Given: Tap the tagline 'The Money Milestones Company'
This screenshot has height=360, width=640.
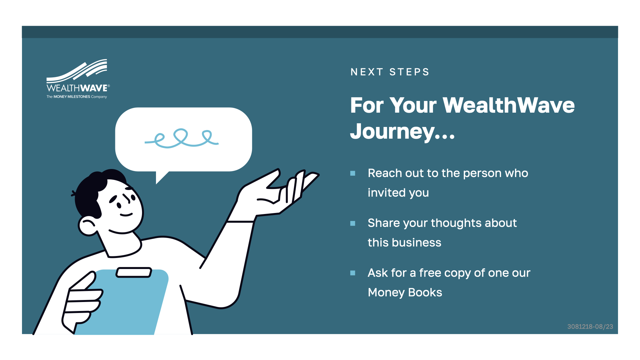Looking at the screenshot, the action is click(x=77, y=97).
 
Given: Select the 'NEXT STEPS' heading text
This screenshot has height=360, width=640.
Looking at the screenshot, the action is click(x=390, y=72).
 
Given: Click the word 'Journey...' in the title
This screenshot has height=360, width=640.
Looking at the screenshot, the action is click(x=402, y=131).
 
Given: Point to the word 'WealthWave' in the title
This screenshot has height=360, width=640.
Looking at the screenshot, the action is click(x=509, y=105).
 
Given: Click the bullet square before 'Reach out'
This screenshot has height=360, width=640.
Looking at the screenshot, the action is click(x=353, y=173).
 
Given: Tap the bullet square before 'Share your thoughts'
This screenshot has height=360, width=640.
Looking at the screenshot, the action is click(x=353, y=223).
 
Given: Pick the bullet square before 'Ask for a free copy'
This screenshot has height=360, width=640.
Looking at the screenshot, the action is click(x=353, y=273).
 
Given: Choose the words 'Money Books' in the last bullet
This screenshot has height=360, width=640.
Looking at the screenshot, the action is click(x=405, y=292).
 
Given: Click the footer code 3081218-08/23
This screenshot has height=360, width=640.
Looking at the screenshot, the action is click(x=590, y=327).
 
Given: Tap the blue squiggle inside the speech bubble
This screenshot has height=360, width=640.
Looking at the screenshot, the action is click(x=182, y=138).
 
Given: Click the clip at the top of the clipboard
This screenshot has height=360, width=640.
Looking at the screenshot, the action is click(x=134, y=272).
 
